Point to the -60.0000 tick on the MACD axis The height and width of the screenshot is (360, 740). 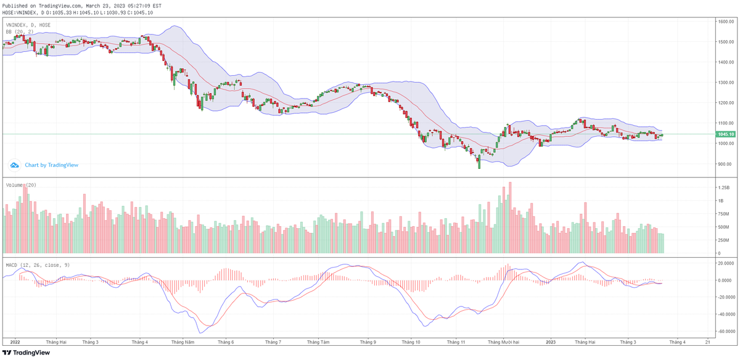[x=726, y=330]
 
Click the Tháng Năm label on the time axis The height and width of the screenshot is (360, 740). [x=183, y=342]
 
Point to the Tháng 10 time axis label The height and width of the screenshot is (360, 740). [x=411, y=342]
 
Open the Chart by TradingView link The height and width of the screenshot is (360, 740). [x=51, y=165]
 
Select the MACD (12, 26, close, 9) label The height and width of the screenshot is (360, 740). [x=38, y=265]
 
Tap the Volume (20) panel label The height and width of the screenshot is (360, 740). [x=21, y=185]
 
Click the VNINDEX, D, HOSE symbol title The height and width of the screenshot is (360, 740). [x=28, y=25]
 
